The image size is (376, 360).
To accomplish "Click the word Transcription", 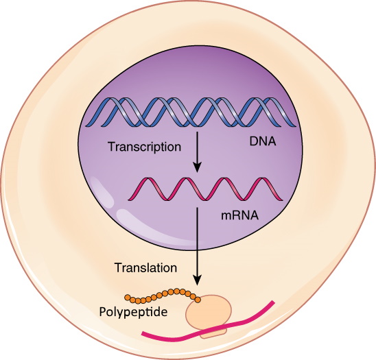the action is (144, 147).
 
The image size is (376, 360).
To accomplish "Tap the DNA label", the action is (263, 142).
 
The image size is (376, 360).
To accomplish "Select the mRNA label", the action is (239, 215).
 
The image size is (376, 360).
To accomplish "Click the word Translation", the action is (145, 267).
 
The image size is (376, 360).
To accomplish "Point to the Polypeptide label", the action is (133, 312).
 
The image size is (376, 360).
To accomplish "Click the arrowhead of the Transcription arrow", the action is (197, 167).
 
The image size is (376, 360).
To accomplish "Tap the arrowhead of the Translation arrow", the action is (197, 280).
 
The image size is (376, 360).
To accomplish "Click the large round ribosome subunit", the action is (209, 311).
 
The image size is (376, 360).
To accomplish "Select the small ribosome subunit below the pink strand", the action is (213, 334).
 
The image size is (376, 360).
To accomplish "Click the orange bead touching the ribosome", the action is (198, 300).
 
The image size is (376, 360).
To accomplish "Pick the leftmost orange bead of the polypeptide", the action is (128, 298).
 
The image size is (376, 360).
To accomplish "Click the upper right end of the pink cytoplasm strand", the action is (273, 302).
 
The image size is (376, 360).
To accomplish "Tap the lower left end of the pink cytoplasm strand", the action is (143, 333).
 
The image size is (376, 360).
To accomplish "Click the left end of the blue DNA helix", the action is (86, 125).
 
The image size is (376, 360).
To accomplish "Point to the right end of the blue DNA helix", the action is (296, 125).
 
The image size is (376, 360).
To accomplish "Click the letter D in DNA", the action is (254, 142).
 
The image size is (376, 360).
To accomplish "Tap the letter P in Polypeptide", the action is (103, 311).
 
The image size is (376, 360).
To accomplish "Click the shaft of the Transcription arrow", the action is (197, 147).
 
